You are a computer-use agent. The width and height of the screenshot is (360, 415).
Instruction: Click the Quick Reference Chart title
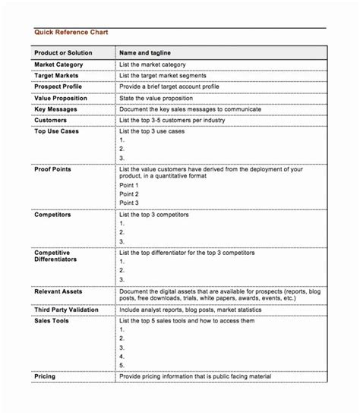point(71,33)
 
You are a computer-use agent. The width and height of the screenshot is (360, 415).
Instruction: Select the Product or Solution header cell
point(63,53)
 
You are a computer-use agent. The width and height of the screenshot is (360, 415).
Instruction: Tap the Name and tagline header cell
point(145,53)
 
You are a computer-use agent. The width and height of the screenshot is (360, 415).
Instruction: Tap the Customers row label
point(51,120)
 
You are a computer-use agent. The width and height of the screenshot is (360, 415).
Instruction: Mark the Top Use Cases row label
point(56,131)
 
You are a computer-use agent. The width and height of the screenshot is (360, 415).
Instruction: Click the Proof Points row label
point(53,168)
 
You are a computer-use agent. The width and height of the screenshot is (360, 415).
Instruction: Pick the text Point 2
point(129,194)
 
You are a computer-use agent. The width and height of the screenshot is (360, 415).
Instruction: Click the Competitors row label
point(53,215)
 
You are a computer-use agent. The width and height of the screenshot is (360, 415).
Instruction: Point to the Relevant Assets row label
point(58,291)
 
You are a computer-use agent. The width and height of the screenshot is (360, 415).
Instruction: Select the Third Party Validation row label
point(69,310)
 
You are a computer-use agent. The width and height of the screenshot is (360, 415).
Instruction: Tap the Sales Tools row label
point(52,321)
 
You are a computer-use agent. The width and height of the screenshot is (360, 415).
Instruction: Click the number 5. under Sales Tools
point(122,365)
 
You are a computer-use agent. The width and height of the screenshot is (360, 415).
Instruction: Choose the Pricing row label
point(45,376)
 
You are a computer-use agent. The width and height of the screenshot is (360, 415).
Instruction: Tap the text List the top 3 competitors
point(154,215)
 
